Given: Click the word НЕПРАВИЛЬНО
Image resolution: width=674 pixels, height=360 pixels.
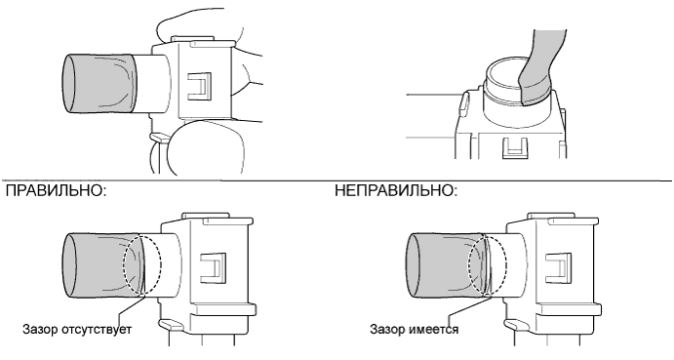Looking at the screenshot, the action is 393,191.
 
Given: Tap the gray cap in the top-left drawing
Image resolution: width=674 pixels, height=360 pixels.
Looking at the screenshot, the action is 99,84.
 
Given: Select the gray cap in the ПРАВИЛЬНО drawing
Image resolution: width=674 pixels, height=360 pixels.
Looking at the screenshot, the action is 103,265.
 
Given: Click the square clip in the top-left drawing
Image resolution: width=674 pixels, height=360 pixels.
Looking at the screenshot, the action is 200,88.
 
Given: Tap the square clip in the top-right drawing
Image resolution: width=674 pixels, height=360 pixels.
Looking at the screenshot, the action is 515,148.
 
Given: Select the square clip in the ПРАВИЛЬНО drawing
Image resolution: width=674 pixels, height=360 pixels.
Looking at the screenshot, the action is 214,267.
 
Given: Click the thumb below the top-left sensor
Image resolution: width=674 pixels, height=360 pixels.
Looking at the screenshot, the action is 207,146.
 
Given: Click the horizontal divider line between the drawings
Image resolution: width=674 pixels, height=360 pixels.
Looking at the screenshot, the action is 337,180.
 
